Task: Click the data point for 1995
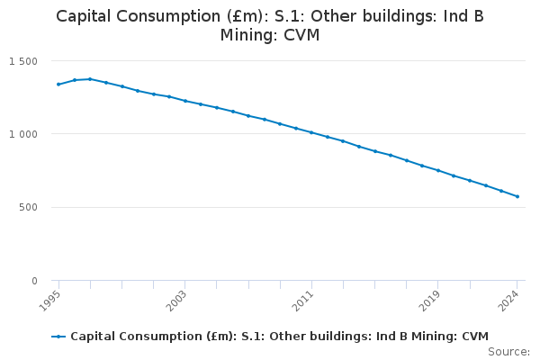click(58, 85)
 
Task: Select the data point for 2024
click(517, 196)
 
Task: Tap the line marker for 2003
click(184, 101)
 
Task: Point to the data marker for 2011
click(311, 132)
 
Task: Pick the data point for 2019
click(438, 170)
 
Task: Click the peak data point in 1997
click(90, 79)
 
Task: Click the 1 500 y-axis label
click(23, 61)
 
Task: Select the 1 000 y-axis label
click(23, 134)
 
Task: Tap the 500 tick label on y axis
click(29, 208)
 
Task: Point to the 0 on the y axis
click(34, 281)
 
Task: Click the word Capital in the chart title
click(87, 16)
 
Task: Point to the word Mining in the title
click(248, 36)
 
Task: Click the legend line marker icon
click(58, 337)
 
